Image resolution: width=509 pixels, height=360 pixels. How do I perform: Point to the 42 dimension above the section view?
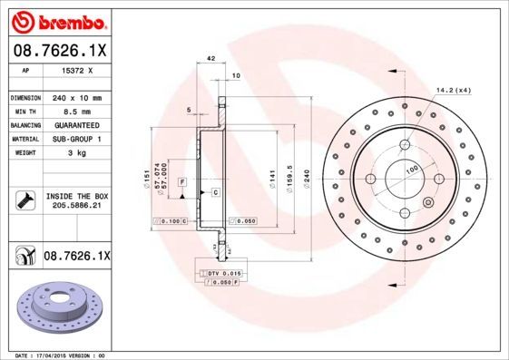tap(211, 58)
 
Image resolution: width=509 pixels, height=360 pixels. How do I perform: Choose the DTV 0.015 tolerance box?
tap(221, 273)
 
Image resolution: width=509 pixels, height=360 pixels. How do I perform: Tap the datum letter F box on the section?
tap(182, 182)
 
